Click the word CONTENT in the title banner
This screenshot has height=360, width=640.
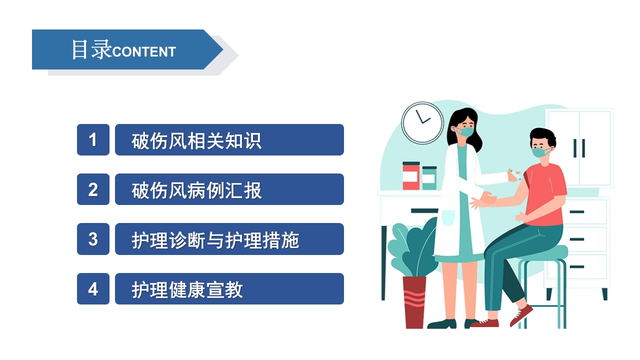[144, 51]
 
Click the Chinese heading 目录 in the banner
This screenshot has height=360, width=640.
[91, 49]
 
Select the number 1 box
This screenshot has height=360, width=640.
[93, 139]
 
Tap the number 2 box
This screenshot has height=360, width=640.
[93, 189]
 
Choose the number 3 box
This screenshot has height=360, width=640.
[93, 239]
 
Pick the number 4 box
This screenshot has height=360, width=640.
[93, 289]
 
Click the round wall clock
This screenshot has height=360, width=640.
[422, 123]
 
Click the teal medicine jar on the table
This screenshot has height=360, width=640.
[429, 178]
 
